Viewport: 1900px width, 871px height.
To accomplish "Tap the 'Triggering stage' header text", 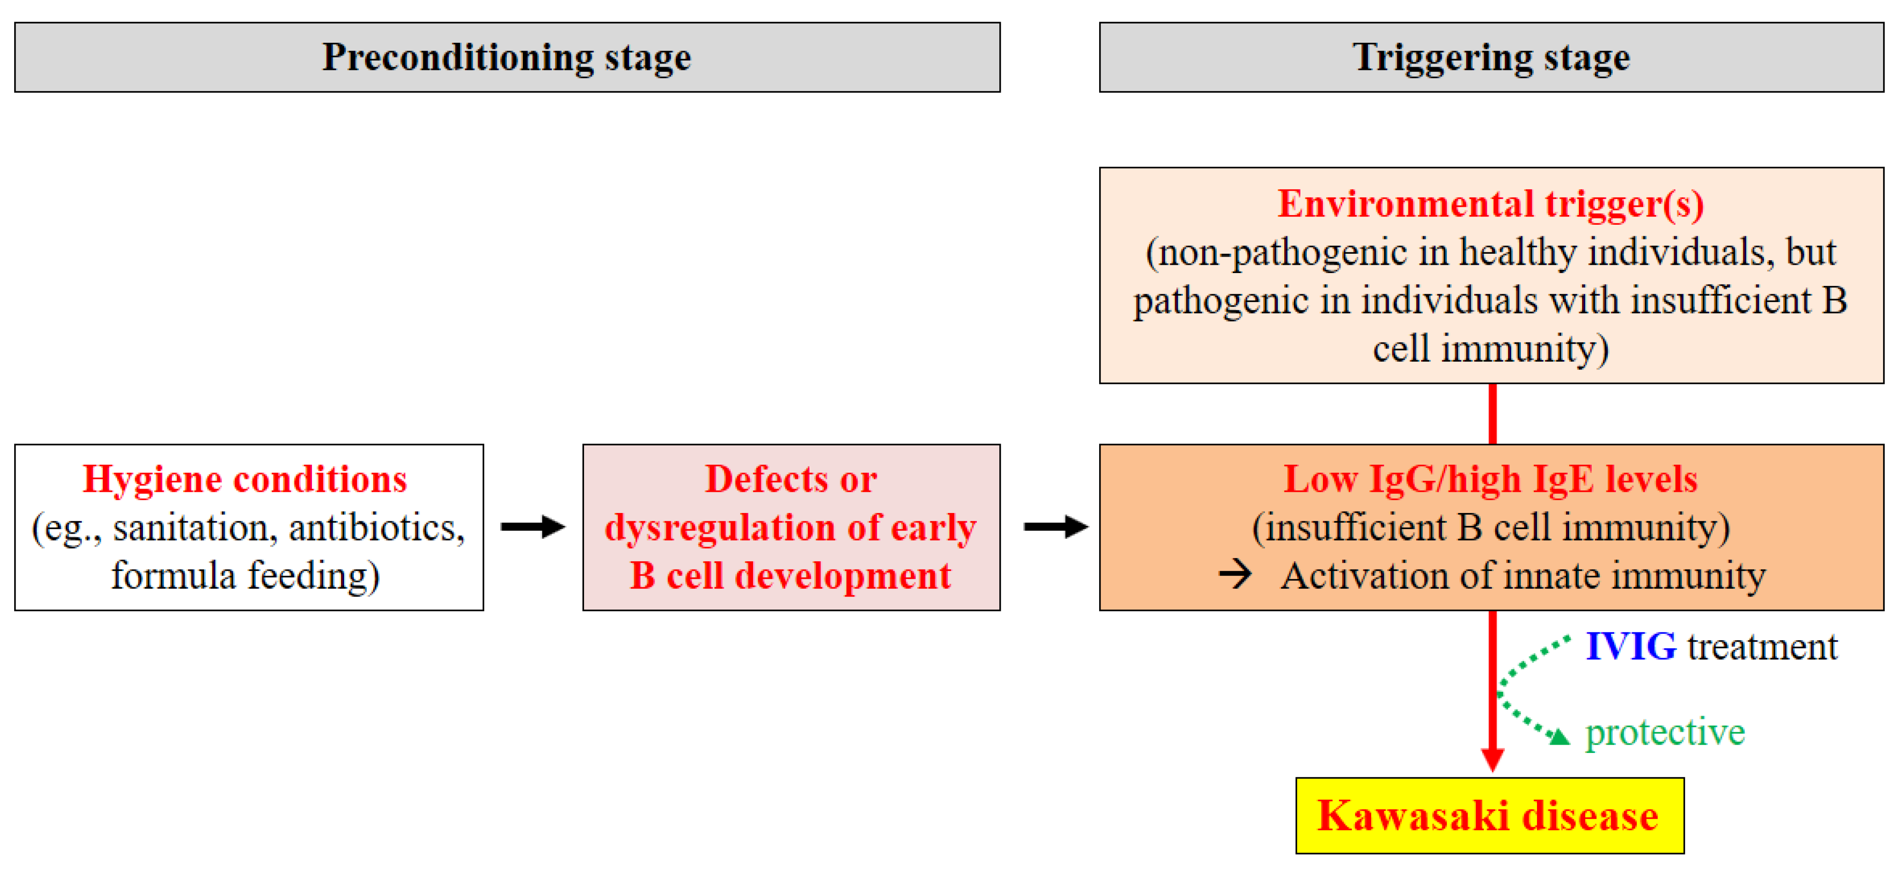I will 1491,57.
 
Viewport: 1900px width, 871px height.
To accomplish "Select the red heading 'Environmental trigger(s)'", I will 1491,204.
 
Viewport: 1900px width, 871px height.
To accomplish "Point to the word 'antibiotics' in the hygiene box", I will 376,528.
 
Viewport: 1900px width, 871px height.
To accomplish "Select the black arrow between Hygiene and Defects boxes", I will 533,527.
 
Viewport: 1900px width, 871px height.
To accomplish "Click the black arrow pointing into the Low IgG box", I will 1055,527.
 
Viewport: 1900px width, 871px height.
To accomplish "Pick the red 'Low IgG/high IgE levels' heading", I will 1491,479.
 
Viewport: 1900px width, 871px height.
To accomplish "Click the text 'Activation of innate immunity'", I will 1523,576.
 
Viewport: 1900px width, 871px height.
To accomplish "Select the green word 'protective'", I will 1665,732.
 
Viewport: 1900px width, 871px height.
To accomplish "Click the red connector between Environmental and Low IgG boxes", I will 1492,414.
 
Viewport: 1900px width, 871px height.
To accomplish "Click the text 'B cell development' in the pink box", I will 790,576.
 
